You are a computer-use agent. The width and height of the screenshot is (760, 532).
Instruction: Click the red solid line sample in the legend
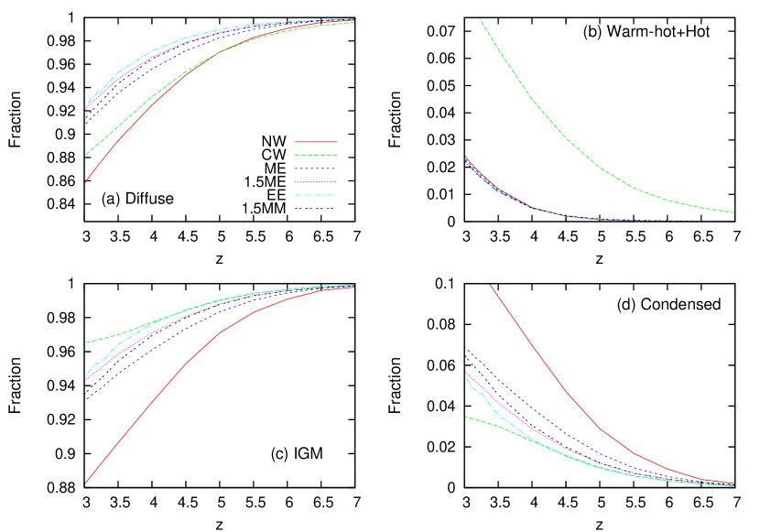pyautogui.click(x=316, y=142)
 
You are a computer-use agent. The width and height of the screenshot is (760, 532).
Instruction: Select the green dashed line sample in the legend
pyautogui.click(x=316, y=156)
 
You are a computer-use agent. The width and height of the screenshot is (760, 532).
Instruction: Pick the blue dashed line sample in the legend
pyautogui.click(x=316, y=168)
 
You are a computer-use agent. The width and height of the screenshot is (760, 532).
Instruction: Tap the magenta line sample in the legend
pyautogui.click(x=316, y=182)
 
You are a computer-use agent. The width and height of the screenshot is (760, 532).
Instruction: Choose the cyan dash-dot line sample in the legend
pyautogui.click(x=316, y=195)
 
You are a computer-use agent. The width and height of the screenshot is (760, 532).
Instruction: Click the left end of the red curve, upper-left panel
pyautogui.click(x=86, y=181)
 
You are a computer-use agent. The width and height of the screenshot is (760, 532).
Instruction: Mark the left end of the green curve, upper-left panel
pyautogui.click(x=86, y=154)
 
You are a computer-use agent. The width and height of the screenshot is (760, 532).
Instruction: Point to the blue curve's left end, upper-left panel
pyautogui.click(x=86, y=124)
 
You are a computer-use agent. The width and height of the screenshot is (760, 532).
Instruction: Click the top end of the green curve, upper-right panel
pyautogui.click(x=480, y=19)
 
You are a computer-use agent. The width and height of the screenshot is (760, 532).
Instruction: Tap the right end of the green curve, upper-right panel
pyautogui.click(x=733, y=212)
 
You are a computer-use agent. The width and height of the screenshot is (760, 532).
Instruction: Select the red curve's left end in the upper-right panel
pyautogui.click(x=465, y=157)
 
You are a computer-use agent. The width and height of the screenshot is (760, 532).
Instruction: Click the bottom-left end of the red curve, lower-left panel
pyautogui.click(x=86, y=483)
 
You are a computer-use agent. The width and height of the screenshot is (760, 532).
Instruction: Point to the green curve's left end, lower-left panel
pyautogui.click(x=86, y=342)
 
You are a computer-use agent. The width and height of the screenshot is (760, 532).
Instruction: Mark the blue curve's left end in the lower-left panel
pyautogui.click(x=86, y=399)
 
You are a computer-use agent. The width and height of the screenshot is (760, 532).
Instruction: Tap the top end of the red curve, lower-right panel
pyautogui.click(x=490, y=285)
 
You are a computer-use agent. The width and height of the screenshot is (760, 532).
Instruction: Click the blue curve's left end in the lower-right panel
pyautogui.click(x=465, y=348)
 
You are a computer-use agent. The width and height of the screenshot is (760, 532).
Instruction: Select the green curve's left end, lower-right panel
pyautogui.click(x=465, y=417)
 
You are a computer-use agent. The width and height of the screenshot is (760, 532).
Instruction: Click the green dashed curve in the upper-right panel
pyautogui.click(x=568, y=138)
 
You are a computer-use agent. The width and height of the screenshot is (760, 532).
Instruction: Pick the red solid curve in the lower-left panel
pyautogui.click(x=183, y=365)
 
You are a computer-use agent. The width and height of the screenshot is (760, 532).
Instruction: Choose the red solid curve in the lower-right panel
pyautogui.click(x=568, y=393)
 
